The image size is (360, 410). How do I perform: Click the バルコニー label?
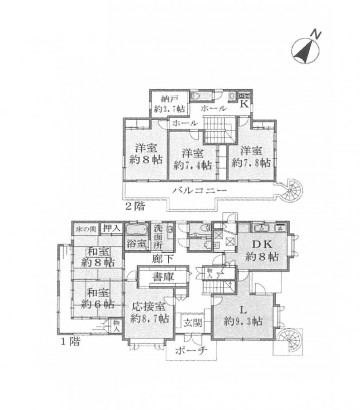pos(201,190)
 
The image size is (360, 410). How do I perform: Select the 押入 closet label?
pos(111,228)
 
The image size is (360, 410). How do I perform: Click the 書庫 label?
pos(162,276)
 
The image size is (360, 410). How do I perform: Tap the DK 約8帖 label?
pos(263,250)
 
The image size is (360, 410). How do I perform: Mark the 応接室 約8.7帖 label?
pos(149,311)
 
